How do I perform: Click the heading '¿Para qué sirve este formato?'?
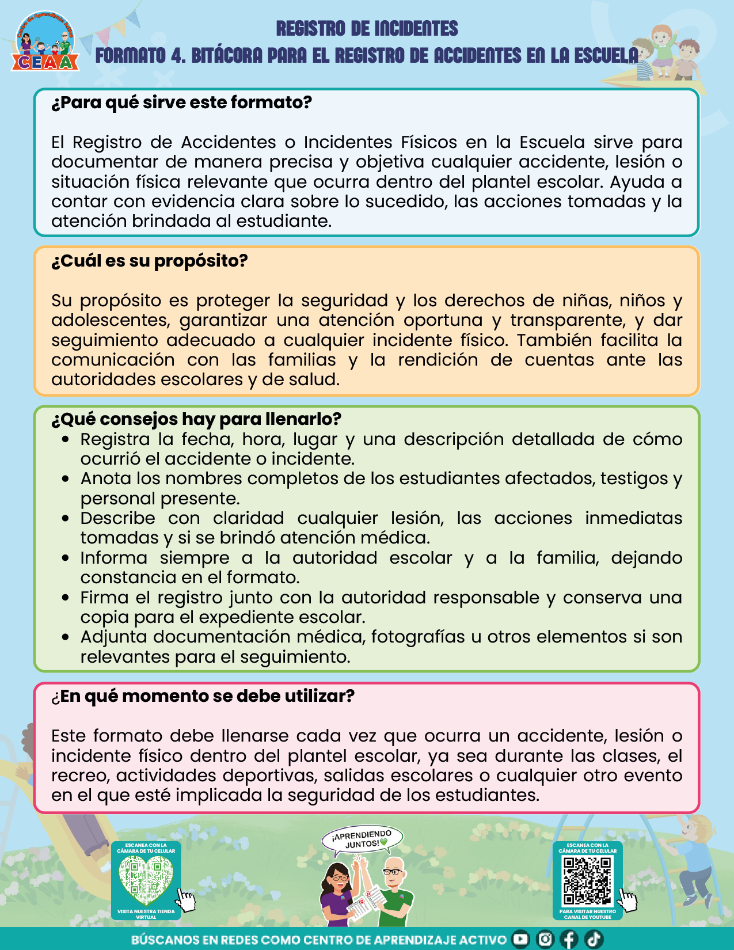[181, 102]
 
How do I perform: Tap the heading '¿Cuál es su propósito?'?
[150, 261]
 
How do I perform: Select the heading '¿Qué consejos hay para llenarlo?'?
[196, 419]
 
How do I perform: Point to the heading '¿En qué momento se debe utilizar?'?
[203, 696]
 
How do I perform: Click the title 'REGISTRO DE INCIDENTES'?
[367, 28]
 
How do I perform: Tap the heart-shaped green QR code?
[146, 880]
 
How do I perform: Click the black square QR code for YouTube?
[587, 880]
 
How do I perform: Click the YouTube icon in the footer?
[520, 939]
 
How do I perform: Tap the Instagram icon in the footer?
[545, 939]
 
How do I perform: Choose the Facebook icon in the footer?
[569, 939]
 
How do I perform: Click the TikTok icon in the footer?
[594, 939]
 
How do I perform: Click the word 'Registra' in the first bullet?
[115, 439]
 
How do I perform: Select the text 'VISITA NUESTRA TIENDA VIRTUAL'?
[146, 914]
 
